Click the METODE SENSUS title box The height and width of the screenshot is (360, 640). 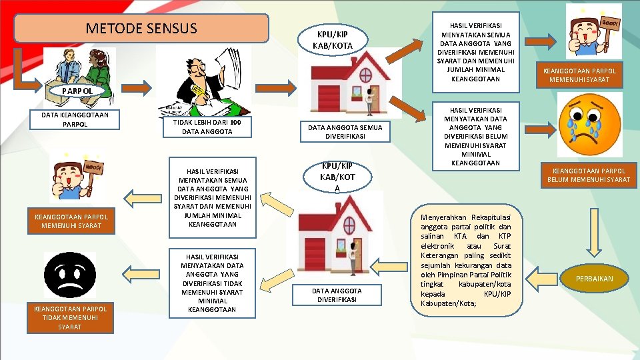click(x=141, y=29)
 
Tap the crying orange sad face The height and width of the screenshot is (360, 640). click(x=593, y=125)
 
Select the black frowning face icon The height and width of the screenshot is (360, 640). click(x=69, y=275)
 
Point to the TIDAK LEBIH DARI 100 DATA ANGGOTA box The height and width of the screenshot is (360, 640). click(x=208, y=127)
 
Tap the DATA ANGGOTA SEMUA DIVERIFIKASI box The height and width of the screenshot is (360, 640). click(x=345, y=132)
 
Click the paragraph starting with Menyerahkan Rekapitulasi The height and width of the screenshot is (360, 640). click(x=466, y=261)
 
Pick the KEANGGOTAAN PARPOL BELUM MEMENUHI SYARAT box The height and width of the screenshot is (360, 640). click(x=588, y=175)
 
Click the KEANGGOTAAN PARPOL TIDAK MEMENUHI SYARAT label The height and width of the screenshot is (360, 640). click(x=70, y=317)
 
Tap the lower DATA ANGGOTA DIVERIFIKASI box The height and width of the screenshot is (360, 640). click(x=337, y=295)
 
